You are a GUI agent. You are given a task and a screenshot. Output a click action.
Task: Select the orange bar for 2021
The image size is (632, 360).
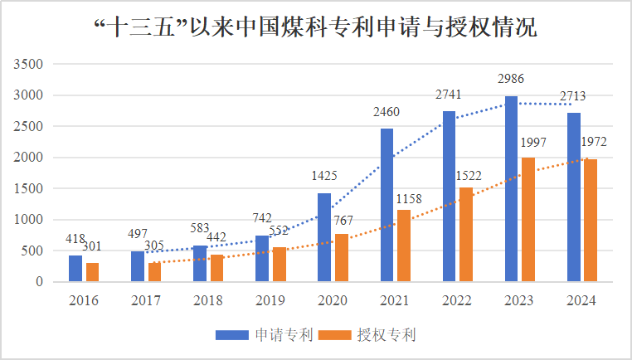(x=404, y=246)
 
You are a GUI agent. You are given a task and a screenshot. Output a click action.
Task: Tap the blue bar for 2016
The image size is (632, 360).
(x=75, y=268)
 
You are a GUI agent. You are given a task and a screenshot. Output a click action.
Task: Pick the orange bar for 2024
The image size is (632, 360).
(x=591, y=221)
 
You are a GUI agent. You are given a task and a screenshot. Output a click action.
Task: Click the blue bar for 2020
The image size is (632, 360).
(x=324, y=237)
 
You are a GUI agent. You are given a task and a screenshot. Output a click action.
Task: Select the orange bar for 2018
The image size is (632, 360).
(x=216, y=268)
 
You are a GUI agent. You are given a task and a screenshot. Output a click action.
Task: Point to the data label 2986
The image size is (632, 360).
(x=511, y=79)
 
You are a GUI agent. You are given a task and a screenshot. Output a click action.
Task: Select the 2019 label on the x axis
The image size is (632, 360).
(x=270, y=300)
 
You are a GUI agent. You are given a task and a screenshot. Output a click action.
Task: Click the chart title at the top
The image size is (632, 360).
(x=316, y=28)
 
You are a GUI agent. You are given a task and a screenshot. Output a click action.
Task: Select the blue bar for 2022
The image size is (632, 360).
(x=449, y=197)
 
